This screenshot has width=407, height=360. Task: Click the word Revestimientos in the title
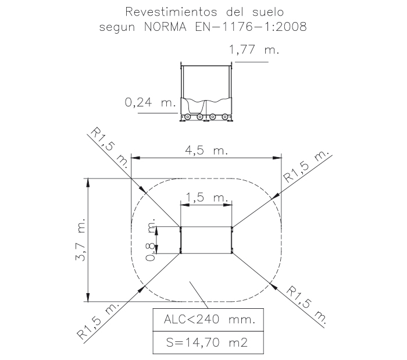171,12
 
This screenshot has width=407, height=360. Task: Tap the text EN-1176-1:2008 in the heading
251,27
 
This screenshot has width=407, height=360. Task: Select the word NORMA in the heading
165,27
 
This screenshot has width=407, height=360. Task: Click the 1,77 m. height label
254,49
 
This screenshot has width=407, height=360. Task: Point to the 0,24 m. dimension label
151,102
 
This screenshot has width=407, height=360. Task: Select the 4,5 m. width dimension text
206,150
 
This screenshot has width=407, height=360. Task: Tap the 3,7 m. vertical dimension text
80,240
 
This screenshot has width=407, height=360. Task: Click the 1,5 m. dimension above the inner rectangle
207,198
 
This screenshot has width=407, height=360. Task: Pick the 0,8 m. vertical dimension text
150,240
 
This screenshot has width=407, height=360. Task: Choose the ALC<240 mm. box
208,320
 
